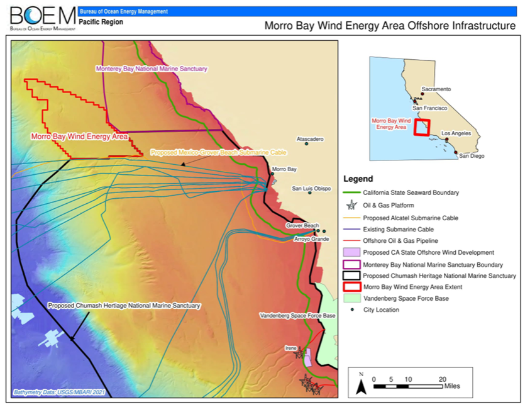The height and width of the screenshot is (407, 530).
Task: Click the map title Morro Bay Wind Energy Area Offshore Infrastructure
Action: (390, 26)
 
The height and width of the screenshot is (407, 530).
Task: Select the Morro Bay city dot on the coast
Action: (272, 174)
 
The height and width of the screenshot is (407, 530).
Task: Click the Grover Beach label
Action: (302, 225)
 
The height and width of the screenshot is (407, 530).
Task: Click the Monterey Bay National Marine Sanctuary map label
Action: (151, 69)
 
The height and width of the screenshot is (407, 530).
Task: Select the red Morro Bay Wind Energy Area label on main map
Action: (79, 136)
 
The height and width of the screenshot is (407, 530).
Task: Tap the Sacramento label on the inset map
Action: (436, 89)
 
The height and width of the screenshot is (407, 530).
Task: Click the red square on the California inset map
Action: (421, 127)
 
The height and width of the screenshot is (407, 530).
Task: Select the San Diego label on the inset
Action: (472, 155)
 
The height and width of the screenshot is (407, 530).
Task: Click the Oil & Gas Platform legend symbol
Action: (351, 205)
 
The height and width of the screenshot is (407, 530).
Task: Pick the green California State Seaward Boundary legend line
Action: (351, 192)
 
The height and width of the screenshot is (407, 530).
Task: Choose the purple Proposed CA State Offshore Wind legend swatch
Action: (351, 252)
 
